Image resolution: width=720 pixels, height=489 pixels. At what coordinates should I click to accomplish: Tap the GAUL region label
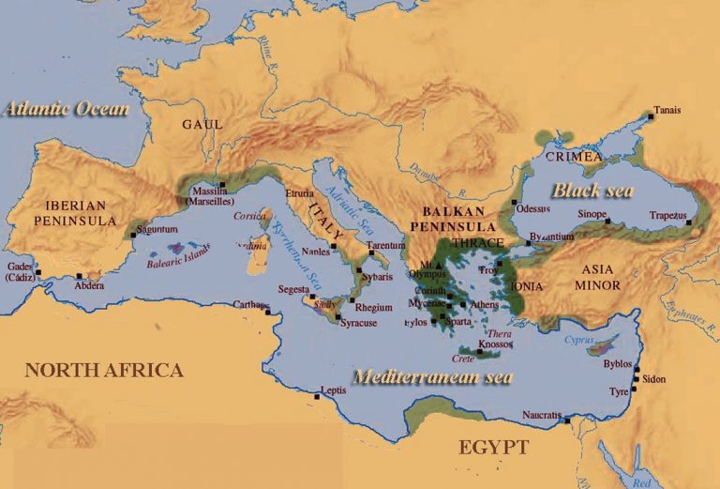coord(202,124)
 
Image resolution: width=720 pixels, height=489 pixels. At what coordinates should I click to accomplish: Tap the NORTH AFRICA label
coord(103,370)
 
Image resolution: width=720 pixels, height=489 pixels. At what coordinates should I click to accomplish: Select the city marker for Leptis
coord(318,397)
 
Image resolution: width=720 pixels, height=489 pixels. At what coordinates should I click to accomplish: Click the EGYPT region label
coord(493,447)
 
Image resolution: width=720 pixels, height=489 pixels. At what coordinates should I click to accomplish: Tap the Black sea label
coord(592,191)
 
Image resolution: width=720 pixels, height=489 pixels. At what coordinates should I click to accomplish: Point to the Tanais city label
coord(667,110)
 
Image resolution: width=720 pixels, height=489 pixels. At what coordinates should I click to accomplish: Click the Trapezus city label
coord(668,215)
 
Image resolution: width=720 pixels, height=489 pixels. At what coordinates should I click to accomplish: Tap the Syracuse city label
coord(359,323)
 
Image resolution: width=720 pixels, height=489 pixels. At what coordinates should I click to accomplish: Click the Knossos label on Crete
coord(495,344)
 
